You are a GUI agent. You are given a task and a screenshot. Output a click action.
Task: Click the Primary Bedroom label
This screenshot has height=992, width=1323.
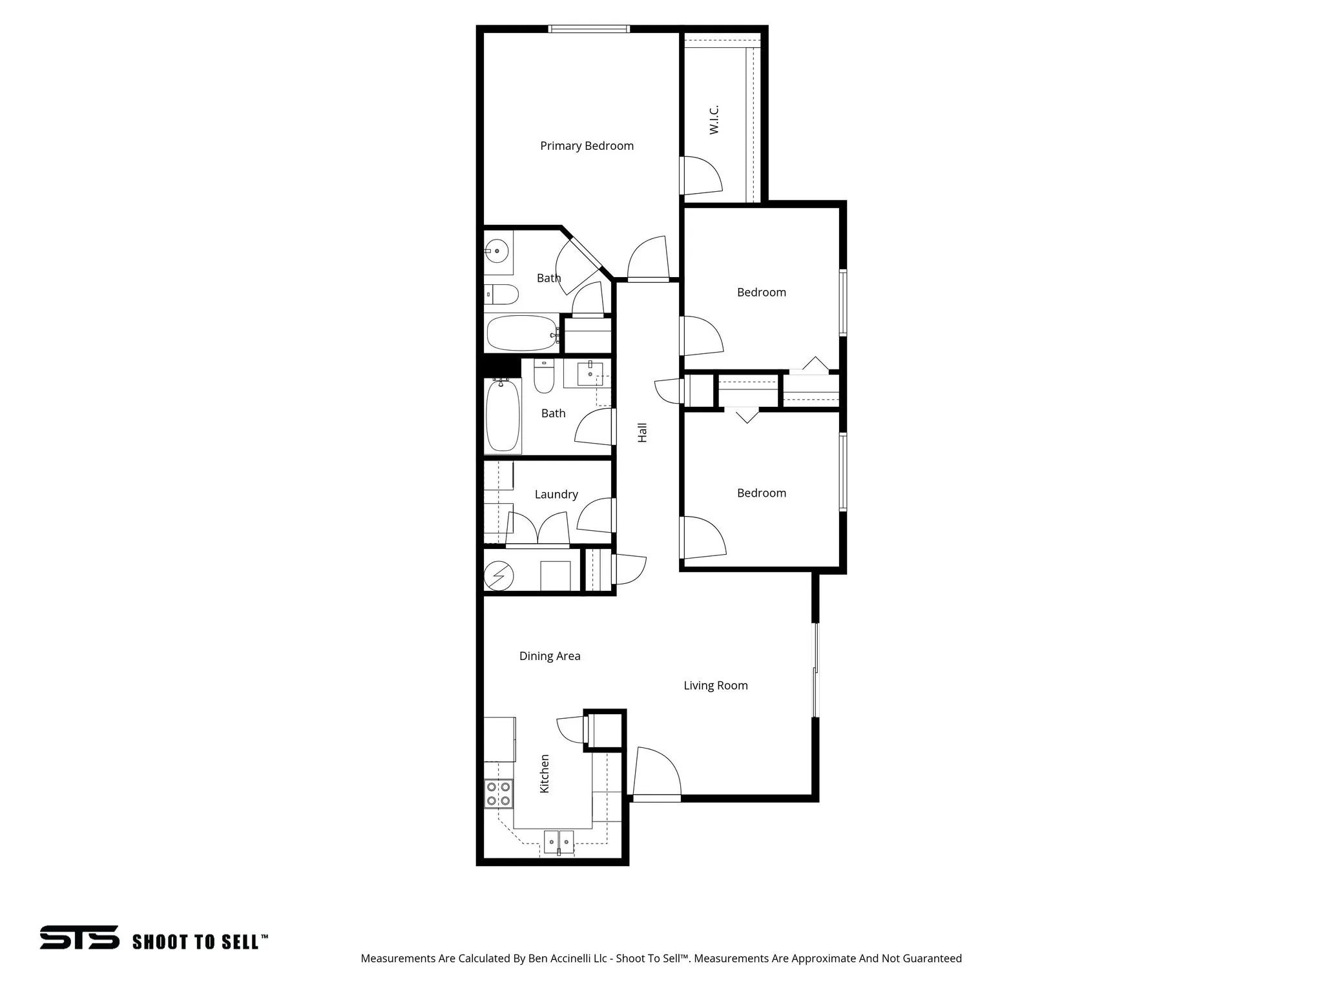[x=587, y=146]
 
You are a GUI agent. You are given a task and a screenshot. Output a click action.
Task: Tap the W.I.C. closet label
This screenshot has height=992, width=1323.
[x=714, y=120]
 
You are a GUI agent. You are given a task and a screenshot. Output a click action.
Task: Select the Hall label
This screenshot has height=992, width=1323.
[x=642, y=433]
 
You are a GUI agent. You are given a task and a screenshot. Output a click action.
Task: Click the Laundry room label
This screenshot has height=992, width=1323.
[x=556, y=495]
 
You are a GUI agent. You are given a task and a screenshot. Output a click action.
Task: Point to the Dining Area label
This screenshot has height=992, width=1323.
[x=550, y=656]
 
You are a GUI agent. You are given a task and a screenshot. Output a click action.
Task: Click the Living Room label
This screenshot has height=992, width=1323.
[x=716, y=686]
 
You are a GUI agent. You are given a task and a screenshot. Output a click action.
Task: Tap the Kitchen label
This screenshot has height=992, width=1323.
[x=545, y=774]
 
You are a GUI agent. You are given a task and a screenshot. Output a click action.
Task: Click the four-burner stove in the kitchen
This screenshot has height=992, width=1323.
[x=499, y=794]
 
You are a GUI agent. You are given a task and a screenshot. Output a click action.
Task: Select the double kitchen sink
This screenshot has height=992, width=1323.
[x=559, y=842]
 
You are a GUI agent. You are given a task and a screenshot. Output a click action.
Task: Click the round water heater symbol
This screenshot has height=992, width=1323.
[x=499, y=576]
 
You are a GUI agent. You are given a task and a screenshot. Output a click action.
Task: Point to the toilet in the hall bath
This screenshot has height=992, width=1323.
[x=544, y=377]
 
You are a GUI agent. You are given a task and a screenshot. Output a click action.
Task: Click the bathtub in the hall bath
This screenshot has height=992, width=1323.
[x=503, y=415]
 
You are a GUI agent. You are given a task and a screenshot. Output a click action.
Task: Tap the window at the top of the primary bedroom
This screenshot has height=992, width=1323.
[x=589, y=28]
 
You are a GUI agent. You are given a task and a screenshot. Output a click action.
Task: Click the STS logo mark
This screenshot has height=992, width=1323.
[x=79, y=937]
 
